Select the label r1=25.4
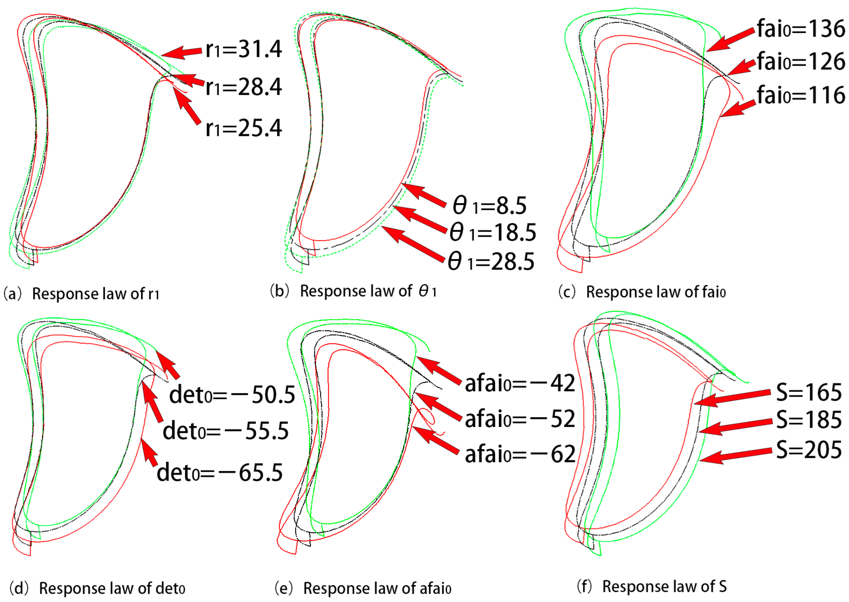pos(244,128)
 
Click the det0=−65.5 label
pos(220,473)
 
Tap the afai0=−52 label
pos(520,419)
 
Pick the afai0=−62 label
pos(520,454)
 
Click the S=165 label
pos(809,392)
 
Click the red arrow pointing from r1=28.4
pos(187,80)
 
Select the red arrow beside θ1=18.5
pos(419,219)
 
